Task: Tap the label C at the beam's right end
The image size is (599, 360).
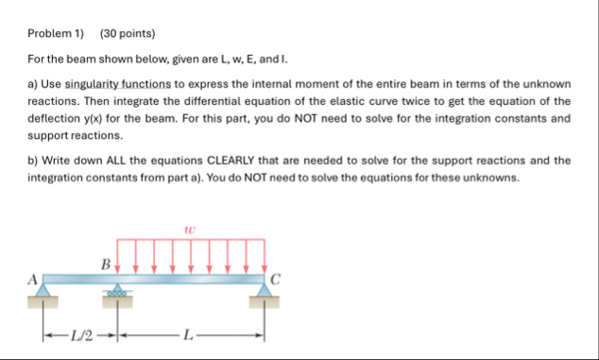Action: coord(275,279)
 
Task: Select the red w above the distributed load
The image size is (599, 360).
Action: coord(190,228)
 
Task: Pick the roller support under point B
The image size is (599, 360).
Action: coord(117,291)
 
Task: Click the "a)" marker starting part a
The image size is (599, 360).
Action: coord(32,84)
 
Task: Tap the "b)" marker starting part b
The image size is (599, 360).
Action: coord(32,161)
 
